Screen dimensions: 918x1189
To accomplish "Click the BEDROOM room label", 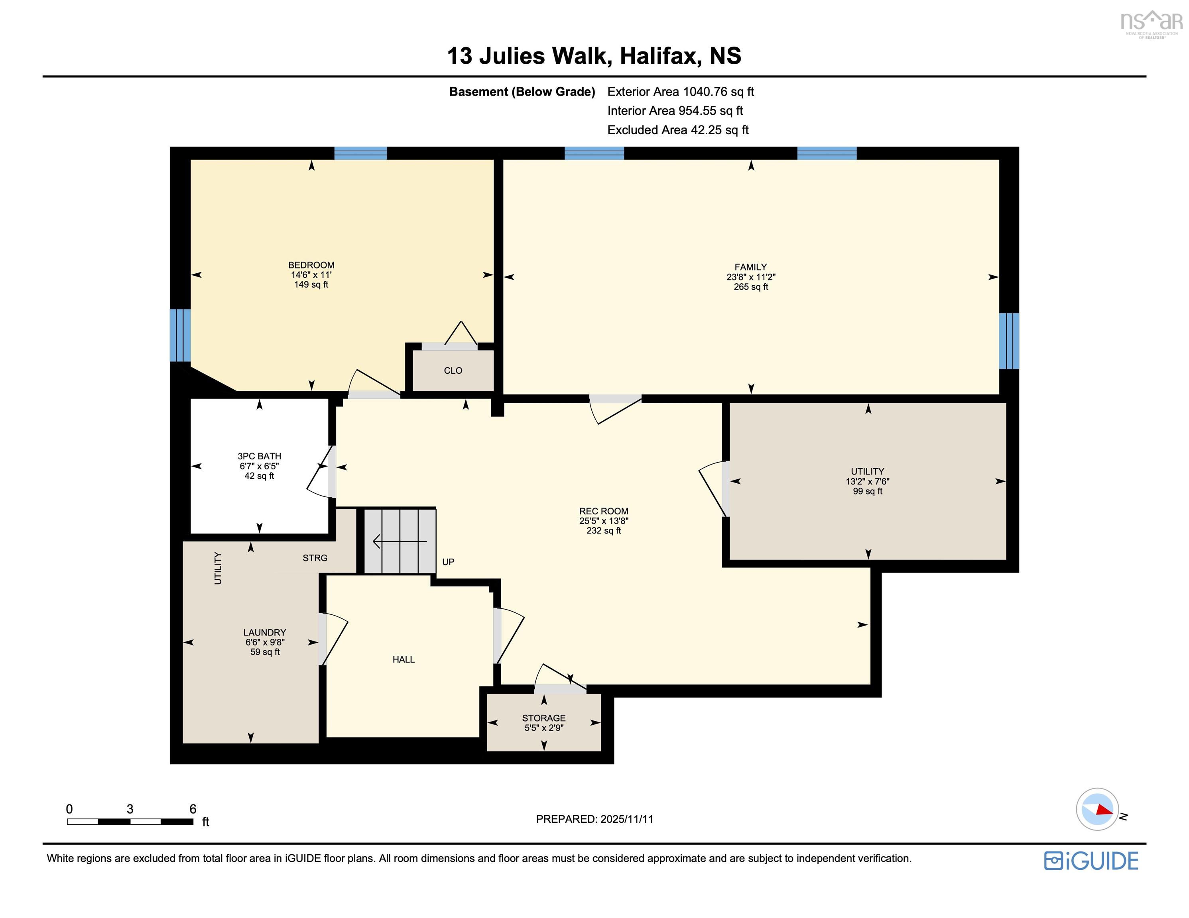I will (x=311, y=265).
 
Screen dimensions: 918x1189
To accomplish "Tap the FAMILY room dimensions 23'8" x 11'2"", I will (x=751, y=277).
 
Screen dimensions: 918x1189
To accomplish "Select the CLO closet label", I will (x=453, y=371).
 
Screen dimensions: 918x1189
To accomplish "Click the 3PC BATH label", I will (x=259, y=456).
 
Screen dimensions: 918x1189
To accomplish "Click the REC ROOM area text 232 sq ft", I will (x=603, y=531).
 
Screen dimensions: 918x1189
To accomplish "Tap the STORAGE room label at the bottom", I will (x=543, y=718).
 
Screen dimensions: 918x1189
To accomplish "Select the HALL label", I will (x=404, y=659).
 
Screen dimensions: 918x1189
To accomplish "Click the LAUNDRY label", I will (x=265, y=632).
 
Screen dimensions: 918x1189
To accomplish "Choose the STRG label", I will (x=315, y=558).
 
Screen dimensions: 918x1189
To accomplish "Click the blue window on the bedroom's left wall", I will (x=180, y=335).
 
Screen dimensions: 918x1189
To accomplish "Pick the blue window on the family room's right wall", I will (x=1008, y=341).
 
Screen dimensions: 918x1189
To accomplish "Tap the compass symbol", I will (x=1097, y=809).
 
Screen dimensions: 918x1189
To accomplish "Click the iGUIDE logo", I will (x=1091, y=860).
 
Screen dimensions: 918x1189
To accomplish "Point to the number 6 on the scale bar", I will (x=192, y=808).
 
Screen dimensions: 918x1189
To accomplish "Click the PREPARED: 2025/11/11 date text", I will (x=594, y=819).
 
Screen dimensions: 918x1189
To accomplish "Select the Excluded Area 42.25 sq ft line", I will (x=678, y=130).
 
